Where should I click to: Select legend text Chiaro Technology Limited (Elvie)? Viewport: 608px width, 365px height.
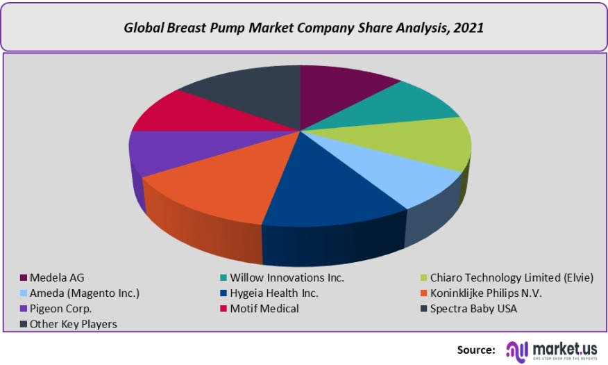click(512, 277)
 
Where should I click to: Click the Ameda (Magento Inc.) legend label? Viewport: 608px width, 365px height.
click(85, 293)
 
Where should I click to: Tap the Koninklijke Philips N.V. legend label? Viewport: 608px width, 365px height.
click(486, 293)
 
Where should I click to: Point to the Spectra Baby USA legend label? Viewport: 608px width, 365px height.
click(473, 308)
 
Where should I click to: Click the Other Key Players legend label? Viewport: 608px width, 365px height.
click(74, 324)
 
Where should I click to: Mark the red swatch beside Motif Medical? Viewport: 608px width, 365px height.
click(223, 309)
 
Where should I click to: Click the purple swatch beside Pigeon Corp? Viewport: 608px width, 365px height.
click(23, 309)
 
